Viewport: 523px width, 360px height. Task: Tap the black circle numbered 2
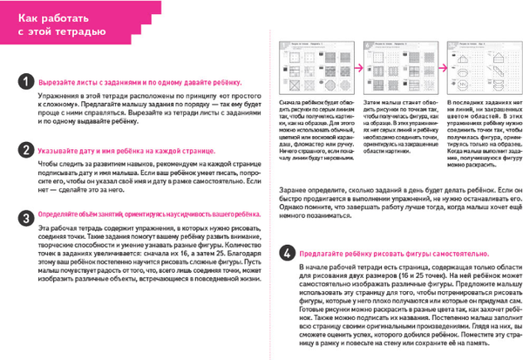point(27,150)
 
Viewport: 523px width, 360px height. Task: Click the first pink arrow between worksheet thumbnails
point(356,64)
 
